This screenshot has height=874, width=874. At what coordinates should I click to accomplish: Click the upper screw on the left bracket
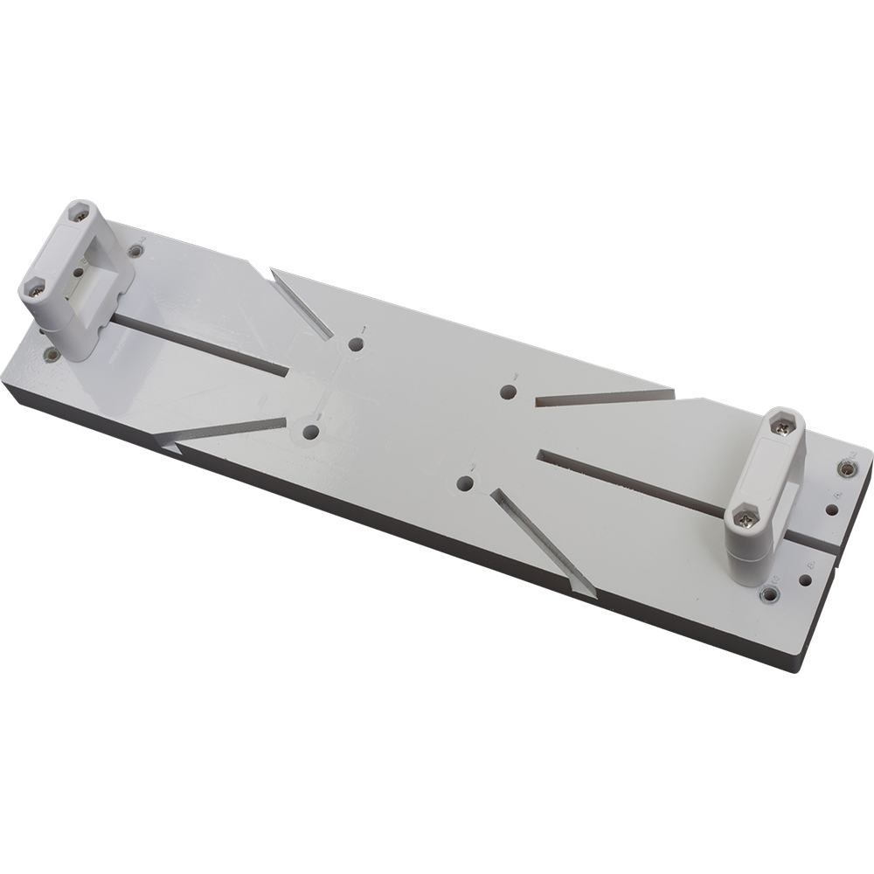tap(80, 212)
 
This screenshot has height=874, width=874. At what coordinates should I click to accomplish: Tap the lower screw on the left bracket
tap(35, 289)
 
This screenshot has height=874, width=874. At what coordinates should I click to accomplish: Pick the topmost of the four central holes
tap(356, 344)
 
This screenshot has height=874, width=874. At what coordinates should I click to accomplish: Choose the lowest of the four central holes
tap(467, 482)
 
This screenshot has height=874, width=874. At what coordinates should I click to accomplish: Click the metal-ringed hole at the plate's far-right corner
tap(845, 469)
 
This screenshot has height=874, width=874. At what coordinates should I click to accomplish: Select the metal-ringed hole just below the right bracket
tap(769, 595)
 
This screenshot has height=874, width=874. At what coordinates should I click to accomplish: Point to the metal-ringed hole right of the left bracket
tap(135, 252)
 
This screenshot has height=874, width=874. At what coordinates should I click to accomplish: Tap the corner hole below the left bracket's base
tap(51, 355)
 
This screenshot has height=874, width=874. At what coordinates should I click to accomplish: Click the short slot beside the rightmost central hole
tap(603, 398)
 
